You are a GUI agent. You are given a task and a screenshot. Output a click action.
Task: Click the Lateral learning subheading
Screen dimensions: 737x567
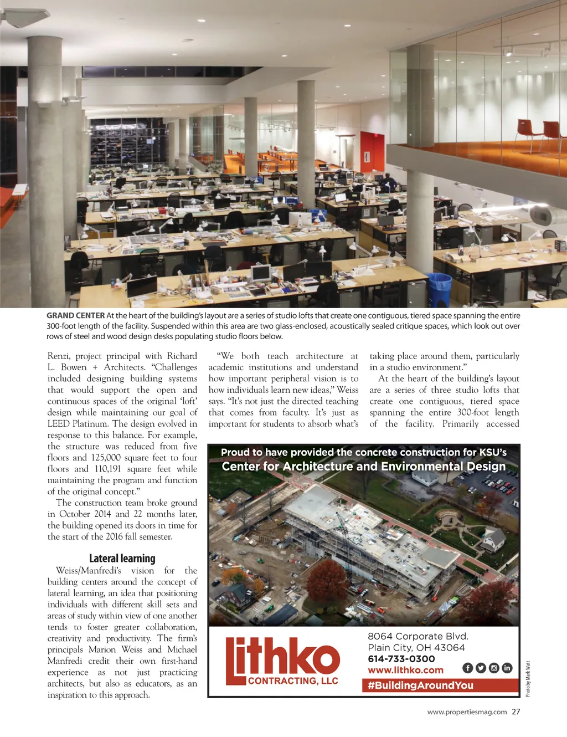pos(122,559)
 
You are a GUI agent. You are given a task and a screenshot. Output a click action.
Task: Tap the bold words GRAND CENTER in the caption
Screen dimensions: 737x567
pos(75,316)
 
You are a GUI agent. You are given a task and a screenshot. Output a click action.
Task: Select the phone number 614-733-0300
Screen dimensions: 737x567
pos(401,659)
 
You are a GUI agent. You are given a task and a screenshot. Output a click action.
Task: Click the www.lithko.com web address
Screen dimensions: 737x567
pos(405,671)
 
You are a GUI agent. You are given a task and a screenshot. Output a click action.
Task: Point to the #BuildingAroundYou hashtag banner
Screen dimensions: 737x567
pos(420,685)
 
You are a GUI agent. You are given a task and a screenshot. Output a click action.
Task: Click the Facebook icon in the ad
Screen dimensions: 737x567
pos(467,668)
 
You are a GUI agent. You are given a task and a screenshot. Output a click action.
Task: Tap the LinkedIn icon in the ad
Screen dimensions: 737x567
pos(507,668)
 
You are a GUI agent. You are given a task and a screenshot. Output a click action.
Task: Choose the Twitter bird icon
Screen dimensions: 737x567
pos(481,668)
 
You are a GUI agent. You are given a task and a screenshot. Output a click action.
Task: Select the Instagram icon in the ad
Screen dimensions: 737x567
pos(494,668)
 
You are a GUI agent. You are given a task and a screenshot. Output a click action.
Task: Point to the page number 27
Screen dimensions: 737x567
pos(516,712)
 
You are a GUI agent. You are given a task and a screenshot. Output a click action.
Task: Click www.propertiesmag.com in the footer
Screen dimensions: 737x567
pos(467,712)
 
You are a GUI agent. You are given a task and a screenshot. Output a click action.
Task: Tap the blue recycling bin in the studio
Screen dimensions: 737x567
pos(439,289)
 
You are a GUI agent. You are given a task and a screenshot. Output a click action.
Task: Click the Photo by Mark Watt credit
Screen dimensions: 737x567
pos(528,679)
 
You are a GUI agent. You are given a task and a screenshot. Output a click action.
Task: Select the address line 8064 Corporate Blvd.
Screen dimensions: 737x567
pos(418,636)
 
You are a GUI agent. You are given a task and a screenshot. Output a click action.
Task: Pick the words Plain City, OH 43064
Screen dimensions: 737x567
pos(416,648)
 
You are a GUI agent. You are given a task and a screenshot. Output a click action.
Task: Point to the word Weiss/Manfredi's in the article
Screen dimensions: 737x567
pos(88,571)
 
